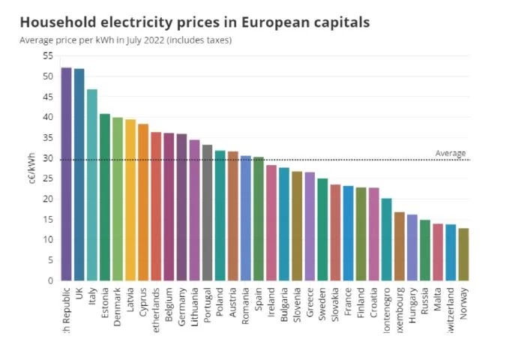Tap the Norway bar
point(463,254)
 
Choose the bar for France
point(348,233)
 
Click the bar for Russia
point(425,250)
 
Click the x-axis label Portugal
point(208,303)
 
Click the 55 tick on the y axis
point(47,56)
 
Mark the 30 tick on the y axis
point(47,158)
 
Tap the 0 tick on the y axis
point(49,280)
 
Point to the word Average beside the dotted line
point(451,153)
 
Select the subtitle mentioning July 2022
point(126,40)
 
